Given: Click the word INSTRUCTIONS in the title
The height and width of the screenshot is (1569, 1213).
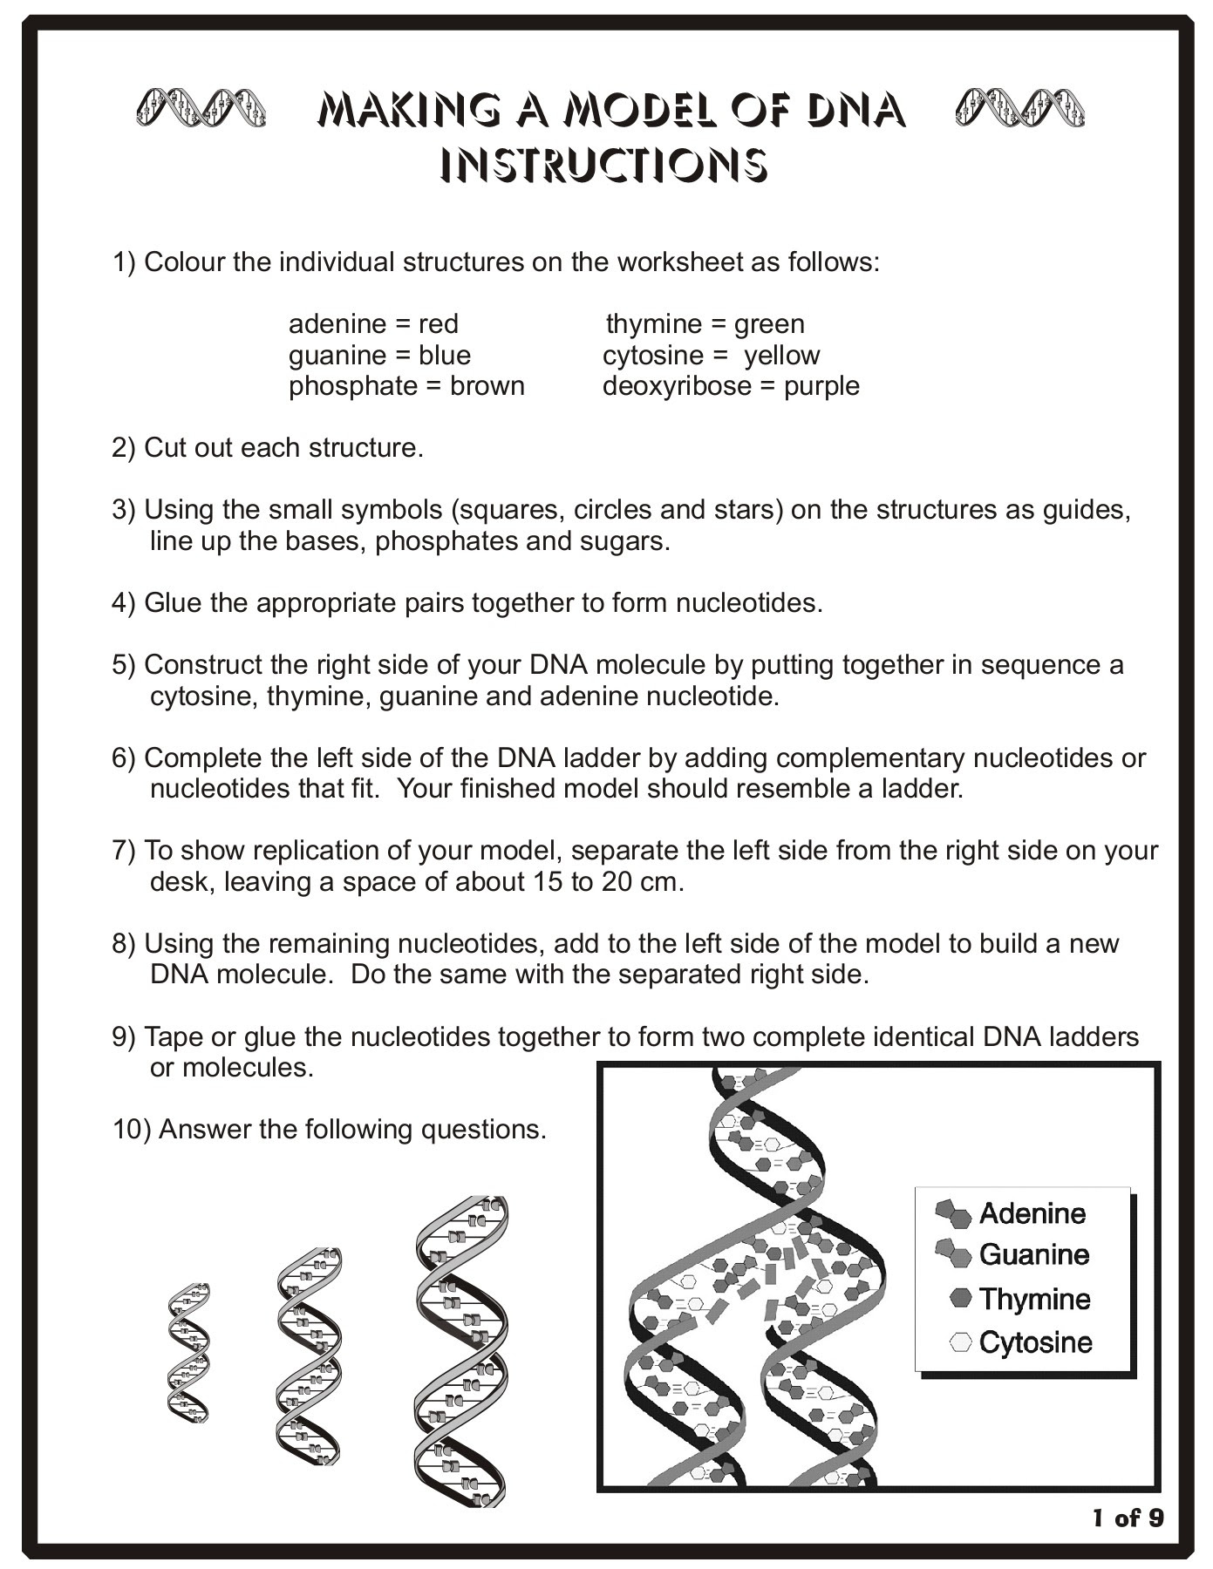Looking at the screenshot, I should click(x=603, y=164).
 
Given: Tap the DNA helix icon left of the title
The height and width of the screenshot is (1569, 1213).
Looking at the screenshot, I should click(x=201, y=108).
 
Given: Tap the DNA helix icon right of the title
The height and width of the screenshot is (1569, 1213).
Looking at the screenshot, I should click(x=1019, y=108).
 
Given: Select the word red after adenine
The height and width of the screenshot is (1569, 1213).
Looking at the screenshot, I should click(x=438, y=324).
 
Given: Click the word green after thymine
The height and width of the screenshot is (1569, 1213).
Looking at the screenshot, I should click(x=769, y=324).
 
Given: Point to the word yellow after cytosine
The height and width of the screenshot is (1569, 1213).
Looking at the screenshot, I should click(x=781, y=356).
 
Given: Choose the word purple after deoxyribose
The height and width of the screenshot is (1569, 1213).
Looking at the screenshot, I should click(x=821, y=386).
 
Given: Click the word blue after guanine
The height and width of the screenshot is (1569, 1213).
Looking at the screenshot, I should click(x=444, y=356).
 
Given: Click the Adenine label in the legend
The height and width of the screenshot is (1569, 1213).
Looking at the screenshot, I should click(x=1032, y=1213).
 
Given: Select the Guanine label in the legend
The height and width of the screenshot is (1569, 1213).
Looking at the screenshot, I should click(x=1034, y=1255).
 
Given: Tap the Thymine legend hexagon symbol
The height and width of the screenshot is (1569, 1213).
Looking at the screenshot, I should click(x=961, y=1299).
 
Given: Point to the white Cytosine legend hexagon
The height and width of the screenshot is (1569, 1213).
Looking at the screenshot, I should click(x=961, y=1342).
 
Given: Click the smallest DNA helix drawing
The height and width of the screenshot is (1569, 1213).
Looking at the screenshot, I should click(x=188, y=1353).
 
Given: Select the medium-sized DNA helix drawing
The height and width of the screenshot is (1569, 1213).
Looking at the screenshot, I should click(x=309, y=1356).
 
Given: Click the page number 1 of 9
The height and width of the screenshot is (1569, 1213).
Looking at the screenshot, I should click(x=1128, y=1518).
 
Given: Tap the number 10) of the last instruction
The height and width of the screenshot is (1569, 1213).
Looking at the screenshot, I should click(x=131, y=1130).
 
